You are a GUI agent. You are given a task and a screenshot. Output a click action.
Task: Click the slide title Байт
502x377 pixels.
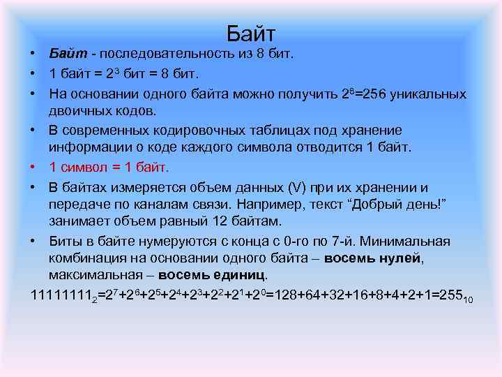pos(251,34)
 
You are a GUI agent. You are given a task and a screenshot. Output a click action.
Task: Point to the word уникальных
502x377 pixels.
pos(432,94)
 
